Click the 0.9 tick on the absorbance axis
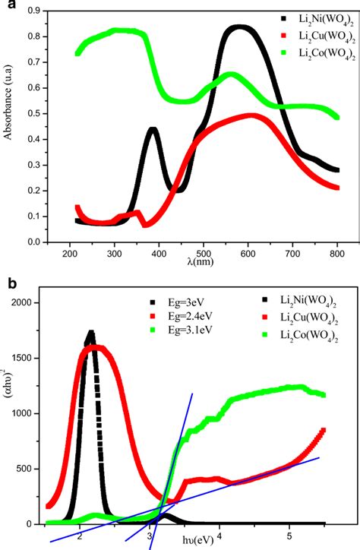click(34, 11)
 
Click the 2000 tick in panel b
click(29, 302)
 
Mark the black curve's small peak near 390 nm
click(153, 130)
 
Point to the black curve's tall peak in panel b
click(91, 333)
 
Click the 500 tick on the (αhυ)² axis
click(31, 469)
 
